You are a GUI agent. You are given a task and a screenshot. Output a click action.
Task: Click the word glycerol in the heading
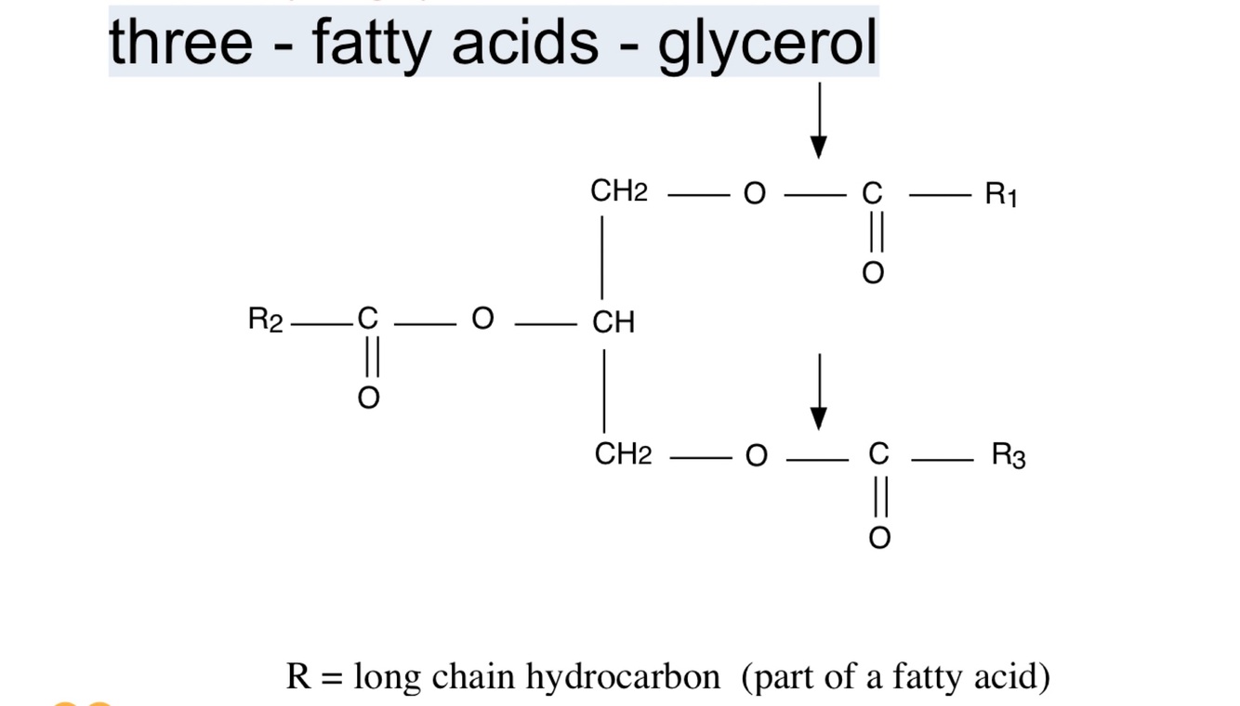pyautogui.click(x=768, y=43)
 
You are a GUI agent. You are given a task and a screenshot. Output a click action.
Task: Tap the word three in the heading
pyautogui.click(x=180, y=43)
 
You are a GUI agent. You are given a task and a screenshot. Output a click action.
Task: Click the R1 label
pyautogui.click(x=1001, y=195)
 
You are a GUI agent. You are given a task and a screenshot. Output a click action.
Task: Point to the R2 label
pyautogui.click(x=265, y=320)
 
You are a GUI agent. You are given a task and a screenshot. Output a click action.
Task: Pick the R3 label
pyautogui.click(x=1009, y=455)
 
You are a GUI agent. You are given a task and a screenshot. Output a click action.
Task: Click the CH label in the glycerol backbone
pyautogui.click(x=613, y=322)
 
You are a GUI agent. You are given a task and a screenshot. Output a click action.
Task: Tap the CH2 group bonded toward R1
pyautogui.click(x=619, y=192)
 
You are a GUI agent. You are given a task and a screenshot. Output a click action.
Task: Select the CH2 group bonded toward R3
pyautogui.click(x=623, y=455)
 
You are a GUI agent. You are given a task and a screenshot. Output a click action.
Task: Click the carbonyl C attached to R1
pyautogui.click(x=871, y=194)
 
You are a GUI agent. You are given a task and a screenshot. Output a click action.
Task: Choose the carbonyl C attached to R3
pyautogui.click(x=878, y=455)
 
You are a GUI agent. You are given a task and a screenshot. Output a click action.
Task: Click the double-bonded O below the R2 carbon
pyautogui.click(x=368, y=399)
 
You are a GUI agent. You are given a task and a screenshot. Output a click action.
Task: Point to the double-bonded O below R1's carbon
pyautogui.click(x=872, y=273)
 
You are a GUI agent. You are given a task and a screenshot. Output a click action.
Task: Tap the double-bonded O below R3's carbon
pyautogui.click(x=878, y=538)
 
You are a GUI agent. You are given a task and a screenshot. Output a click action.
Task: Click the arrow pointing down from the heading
pyautogui.click(x=819, y=121)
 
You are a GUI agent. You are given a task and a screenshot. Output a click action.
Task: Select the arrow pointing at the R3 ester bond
pyautogui.click(x=819, y=391)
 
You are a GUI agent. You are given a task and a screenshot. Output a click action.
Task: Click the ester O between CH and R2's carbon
pyautogui.click(x=482, y=320)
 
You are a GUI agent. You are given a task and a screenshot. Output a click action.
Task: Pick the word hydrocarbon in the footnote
pyautogui.click(x=622, y=677)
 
